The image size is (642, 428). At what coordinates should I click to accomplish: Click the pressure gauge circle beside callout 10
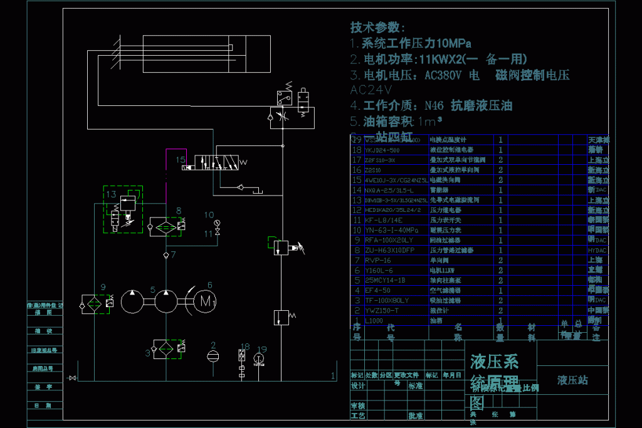[x=217, y=222]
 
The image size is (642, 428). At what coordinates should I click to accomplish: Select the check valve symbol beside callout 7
[x=166, y=255]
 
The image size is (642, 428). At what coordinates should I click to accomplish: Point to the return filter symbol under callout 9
[x=94, y=303]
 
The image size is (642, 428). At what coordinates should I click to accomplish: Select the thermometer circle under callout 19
[x=259, y=358]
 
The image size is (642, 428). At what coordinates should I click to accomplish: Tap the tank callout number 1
[x=332, y=376]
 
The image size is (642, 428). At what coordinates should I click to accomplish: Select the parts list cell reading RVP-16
[x=377, y=260]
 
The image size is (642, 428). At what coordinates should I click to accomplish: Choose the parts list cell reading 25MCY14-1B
[x=384, y=280]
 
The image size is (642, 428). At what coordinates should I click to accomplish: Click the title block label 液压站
[x=572, y=380]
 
